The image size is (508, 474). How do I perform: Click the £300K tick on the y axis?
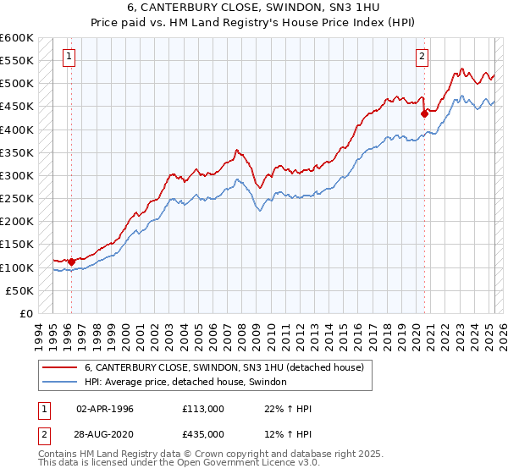(x=16, y=175)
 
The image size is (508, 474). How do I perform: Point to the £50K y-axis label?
(x=19, y=290)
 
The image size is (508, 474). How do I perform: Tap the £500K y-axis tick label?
(x=16, y=84)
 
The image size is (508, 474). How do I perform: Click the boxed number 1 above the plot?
(x=69, y=57)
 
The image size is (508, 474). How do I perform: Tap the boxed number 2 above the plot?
(x=422, y=57)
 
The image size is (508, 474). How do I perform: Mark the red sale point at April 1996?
(x=71, y=262)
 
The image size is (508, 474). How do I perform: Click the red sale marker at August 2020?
(x=424, y=113)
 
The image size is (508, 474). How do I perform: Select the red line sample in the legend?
(x=61, y=367)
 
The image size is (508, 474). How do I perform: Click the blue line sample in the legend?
(x=61, y=382)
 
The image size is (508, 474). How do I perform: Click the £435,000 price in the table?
(x=202, y=433)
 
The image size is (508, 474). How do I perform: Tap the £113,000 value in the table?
(x=202, y=409)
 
